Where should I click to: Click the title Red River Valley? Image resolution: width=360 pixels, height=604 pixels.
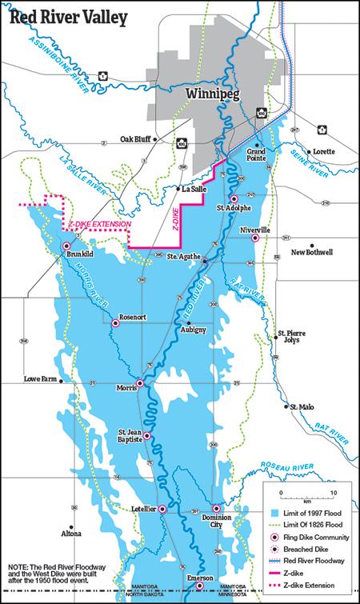(x=65, y=18)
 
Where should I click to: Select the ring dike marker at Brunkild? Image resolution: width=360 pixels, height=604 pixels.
(x=66, y=246)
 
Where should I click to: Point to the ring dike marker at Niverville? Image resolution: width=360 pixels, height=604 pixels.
(x=255, y=238)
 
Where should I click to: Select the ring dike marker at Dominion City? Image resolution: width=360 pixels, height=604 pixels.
(x=215, y=509)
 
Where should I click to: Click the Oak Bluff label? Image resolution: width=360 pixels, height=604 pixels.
(x=136, y=138)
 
